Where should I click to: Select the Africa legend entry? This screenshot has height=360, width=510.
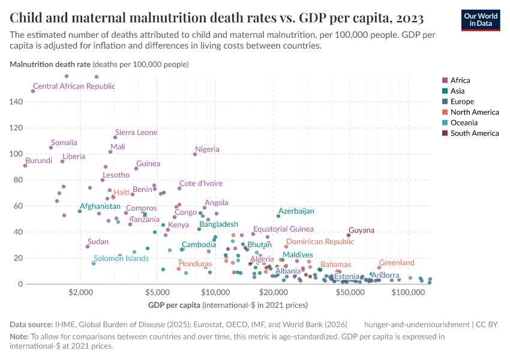pos(460,80)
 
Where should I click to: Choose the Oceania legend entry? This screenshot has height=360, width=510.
pos(464,123)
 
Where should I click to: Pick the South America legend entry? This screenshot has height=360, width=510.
pos(474,133)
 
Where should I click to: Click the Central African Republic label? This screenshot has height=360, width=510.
pos(74,86)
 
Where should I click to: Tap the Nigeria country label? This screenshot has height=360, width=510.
pos(207,149)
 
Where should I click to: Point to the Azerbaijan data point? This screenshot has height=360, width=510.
pos(278,216)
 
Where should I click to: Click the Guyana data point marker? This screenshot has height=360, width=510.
pos(349,235)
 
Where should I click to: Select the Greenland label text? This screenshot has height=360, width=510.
pos(397,263)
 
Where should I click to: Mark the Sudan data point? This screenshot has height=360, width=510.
pos(88,247)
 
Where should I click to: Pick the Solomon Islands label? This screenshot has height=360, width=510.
pos(121,259)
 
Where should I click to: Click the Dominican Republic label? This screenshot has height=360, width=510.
pos(320,242)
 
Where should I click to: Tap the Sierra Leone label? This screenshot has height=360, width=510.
pos(136,133)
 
